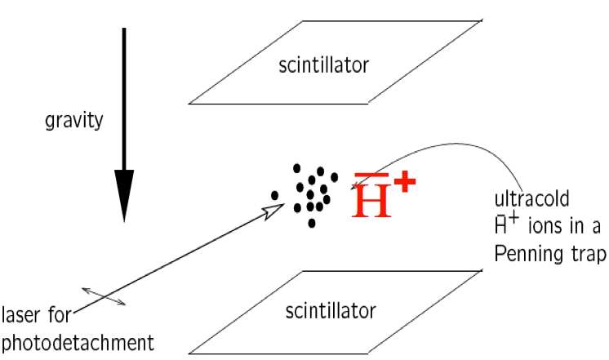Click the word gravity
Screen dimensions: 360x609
coord(73,122)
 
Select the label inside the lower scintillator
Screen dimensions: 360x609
coord(330,311)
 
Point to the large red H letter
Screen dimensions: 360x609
coord(371,201)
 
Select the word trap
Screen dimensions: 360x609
coord(585,256)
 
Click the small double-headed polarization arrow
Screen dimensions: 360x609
coord(104,296)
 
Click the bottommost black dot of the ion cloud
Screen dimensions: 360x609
coord(312,223)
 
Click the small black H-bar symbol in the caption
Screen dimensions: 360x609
coord(502,228)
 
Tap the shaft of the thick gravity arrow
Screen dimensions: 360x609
coord(124,98)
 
